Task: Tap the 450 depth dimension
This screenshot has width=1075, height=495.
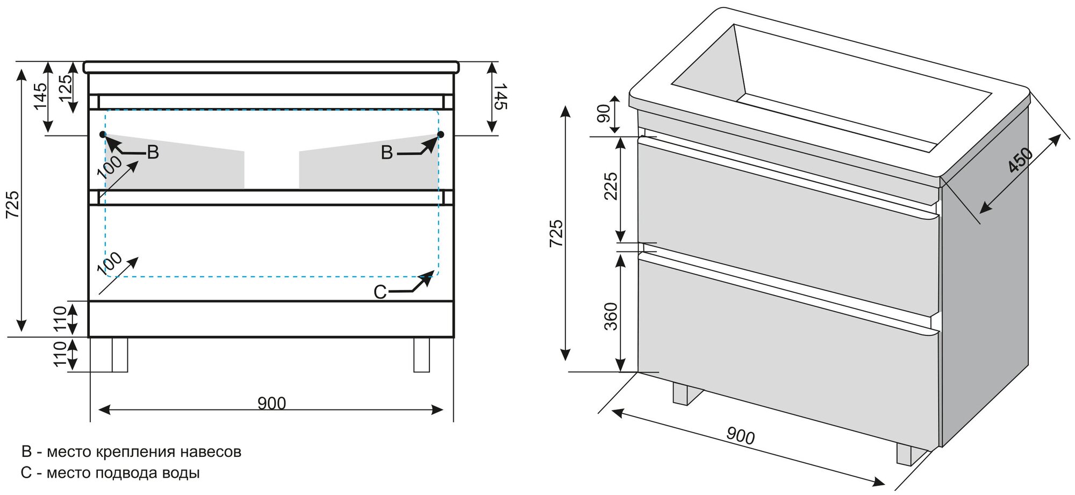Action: click(1020, 160)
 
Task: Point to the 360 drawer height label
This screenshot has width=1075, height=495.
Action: click(611, 316)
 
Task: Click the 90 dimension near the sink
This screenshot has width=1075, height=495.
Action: click(604, 113)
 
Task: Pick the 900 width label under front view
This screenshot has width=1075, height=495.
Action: click(271, 404)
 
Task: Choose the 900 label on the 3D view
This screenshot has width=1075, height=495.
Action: click(740, 436)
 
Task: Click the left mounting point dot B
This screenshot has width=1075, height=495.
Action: click(103, 134)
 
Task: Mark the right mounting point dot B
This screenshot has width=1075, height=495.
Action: click(441, 134)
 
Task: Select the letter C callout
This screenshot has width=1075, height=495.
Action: click(380, 292)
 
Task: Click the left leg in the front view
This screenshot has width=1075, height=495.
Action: click(119, 355)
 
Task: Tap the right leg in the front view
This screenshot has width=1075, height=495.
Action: click(421, 355)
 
